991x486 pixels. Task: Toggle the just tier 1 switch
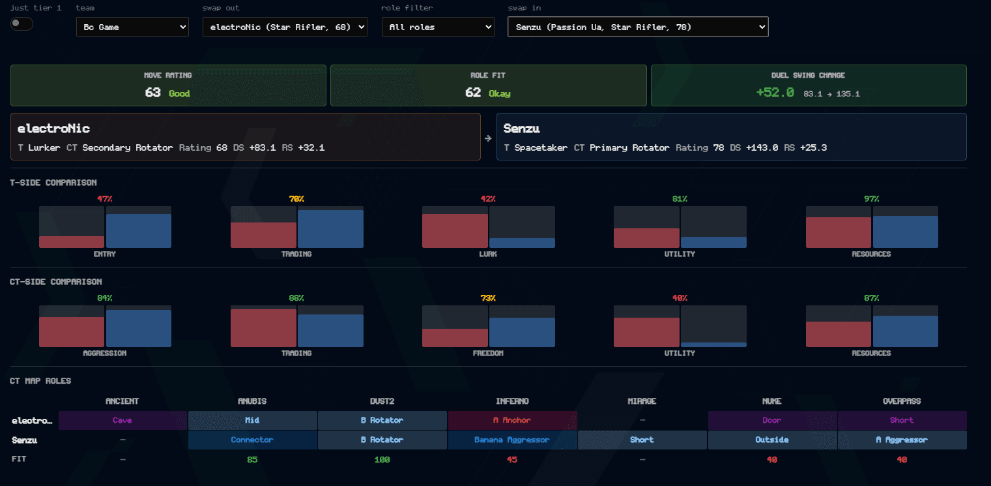(x=22, y=23)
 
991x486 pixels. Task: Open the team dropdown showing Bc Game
(x=132, y=27)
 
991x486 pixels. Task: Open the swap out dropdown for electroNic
(x=285, y=27)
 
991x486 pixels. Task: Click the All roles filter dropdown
(x=438, y=27)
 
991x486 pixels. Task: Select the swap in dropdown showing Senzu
(x=638, y=27)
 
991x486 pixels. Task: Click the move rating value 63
(x=152, y=93)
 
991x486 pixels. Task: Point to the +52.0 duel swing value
(x=775, y=93)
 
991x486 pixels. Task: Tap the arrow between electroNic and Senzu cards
(x=488, y=139)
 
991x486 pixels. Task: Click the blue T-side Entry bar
(x=139, y=231)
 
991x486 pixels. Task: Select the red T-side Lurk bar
(x=455, y=231)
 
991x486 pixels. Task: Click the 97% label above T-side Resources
(x=872, y=199)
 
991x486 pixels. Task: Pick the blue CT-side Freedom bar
(x=522, y=332)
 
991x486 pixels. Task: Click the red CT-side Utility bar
(x=646, y=332)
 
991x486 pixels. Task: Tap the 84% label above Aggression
(x=104, y=298)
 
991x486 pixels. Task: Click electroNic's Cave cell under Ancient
(x=122, y=420)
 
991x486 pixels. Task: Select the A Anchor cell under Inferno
(x=512, y=420)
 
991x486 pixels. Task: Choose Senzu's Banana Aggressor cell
(x=512, y=440)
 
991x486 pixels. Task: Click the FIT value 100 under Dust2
(x=382, y=460)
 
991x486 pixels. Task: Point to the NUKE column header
(x=771, y=401)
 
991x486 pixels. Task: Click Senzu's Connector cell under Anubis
(x=252, y=440)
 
